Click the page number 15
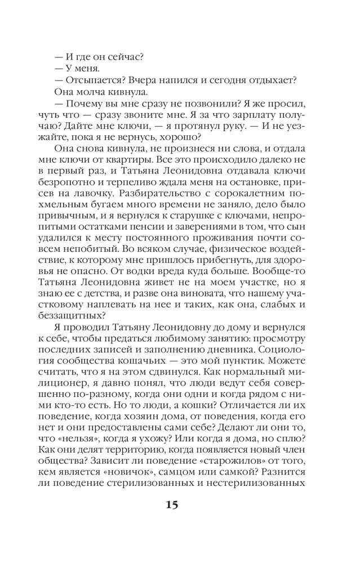pos(172,504)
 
